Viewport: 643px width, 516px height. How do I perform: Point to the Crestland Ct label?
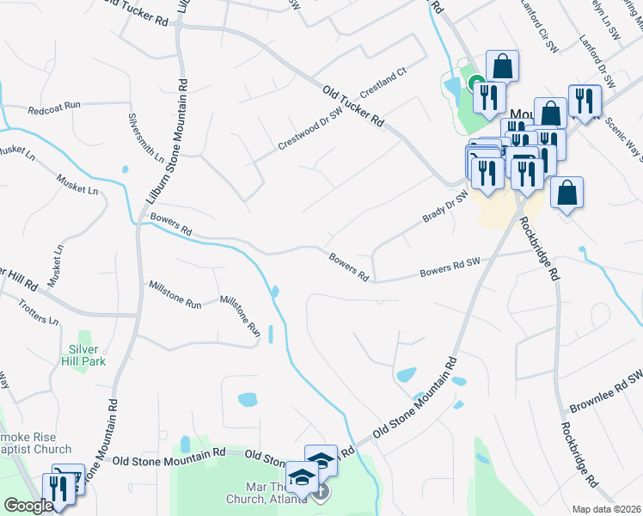click(x=383, y=82)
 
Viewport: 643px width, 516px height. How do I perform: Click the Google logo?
click(x=28, y=506)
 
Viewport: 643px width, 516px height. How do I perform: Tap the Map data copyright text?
click(x=608, y=509)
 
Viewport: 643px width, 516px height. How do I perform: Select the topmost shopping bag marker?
click(x=502, y=65)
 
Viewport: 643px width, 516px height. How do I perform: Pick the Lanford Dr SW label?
click(x=597, y=64)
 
